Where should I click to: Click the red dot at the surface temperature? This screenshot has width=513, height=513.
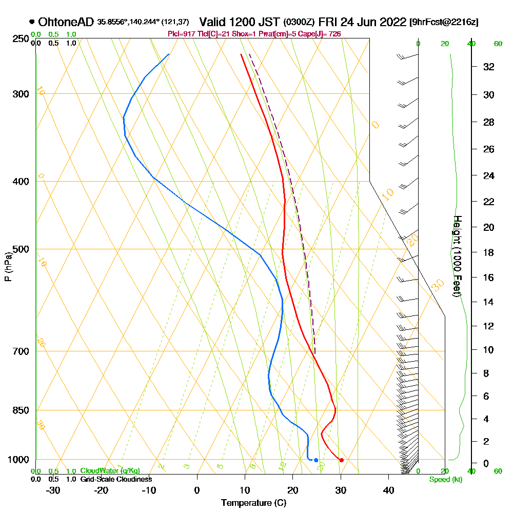click(341, 460)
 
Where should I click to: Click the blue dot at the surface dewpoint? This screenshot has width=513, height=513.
click(316, 460)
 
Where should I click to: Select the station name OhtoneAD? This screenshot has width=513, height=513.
click(66, 22)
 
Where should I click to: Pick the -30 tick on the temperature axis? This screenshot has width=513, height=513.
click(53, 490)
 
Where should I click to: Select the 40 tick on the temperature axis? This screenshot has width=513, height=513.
click(388, 490)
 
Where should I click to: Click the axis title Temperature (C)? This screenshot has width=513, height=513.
click(253, 503)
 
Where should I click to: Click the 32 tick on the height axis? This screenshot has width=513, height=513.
click(489, 67)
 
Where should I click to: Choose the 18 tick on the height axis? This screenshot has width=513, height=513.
click(489, 252)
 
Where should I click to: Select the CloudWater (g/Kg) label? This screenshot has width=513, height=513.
click(109, 471)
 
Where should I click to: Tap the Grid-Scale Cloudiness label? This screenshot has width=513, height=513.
click(115, 479)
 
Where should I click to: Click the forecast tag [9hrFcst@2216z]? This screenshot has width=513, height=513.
click(444, 22)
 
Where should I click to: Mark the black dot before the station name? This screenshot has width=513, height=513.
click(32, 22)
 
